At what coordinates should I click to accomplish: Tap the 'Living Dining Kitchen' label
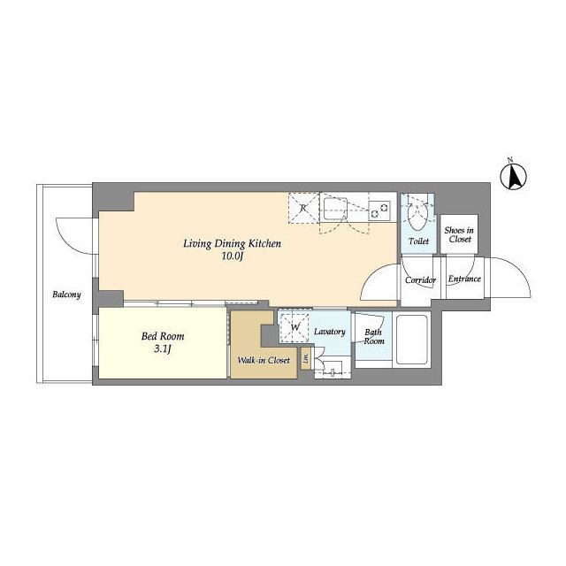[232, 243]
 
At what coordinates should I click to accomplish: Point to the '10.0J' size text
[233, 257]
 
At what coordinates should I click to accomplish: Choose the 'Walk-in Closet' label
[264, 361]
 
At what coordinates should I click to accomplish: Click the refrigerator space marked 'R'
[302, 209]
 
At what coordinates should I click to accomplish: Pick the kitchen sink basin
[336, 210]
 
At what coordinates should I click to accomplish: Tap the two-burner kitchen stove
[379, 210]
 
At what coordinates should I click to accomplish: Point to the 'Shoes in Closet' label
[459, 233]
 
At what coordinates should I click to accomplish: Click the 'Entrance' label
[463, 279]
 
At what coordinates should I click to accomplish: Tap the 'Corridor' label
[420, 279]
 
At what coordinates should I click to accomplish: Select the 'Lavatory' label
[328, 332]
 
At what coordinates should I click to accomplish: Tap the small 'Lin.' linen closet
[306, 359]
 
